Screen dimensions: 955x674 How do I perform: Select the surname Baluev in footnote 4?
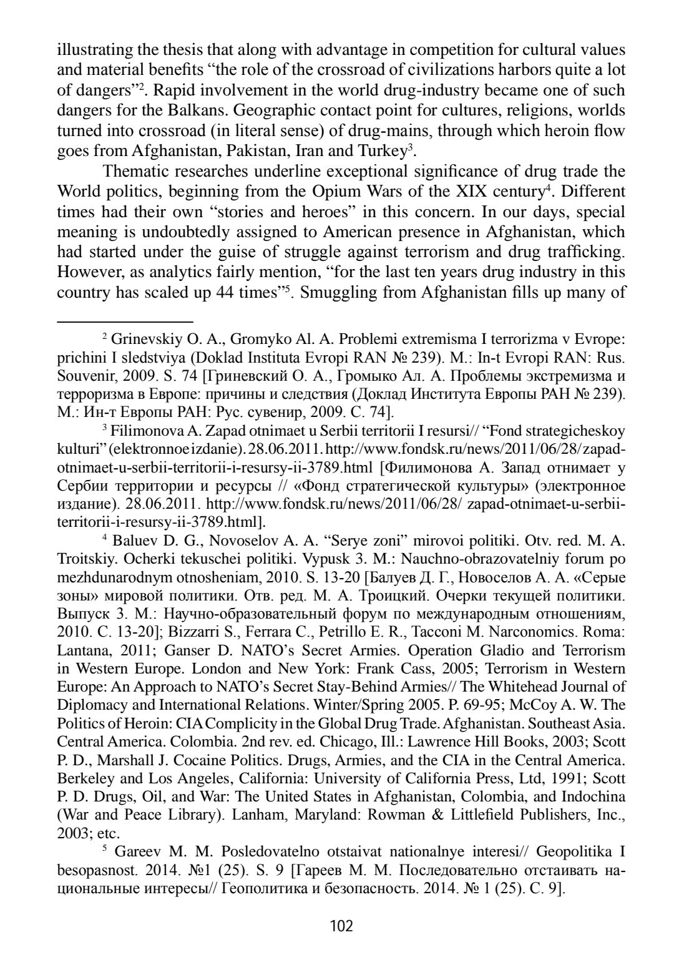[134, 541]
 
